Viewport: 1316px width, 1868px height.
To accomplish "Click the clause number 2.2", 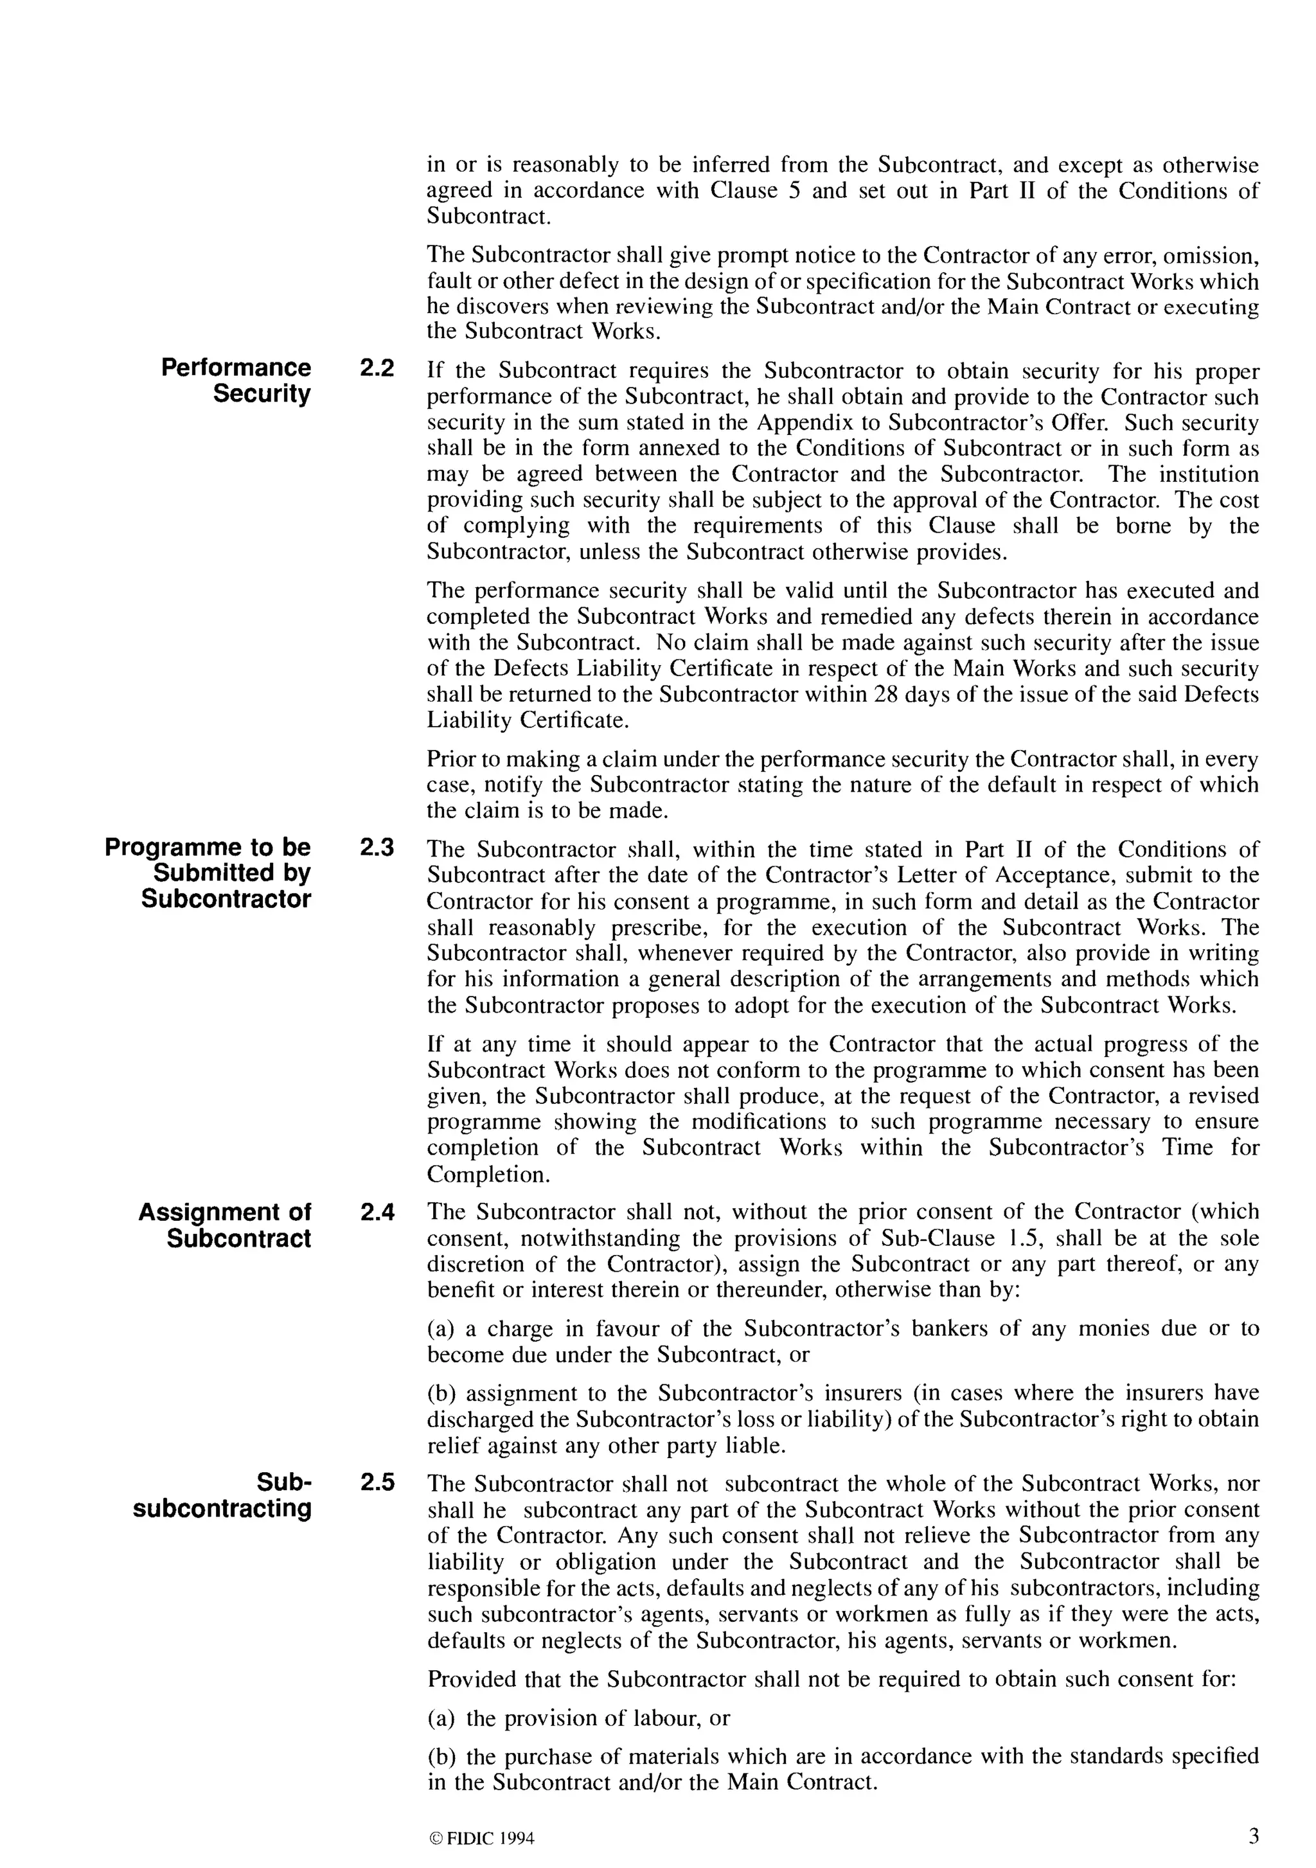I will (377, 369).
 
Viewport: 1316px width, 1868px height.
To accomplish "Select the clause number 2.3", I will (377, 848).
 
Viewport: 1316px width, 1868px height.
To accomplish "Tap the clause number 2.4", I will (377, 1213).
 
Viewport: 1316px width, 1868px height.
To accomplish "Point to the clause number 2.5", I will (377, 1482).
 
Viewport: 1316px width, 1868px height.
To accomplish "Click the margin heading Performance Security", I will (236, 381).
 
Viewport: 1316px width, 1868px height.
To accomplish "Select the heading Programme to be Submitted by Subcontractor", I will (208, 873).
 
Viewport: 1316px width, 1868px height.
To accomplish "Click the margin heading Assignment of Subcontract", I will (224, 1225).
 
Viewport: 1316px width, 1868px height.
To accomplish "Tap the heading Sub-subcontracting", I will (223, 1495).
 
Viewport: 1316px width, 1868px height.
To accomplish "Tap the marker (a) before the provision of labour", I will (441, 1718).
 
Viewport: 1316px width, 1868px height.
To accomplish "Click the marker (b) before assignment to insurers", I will (441, 1393).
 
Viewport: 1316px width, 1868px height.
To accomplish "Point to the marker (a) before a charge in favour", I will (441, 1329).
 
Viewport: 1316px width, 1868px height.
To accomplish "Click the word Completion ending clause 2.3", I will (486, 1175).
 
